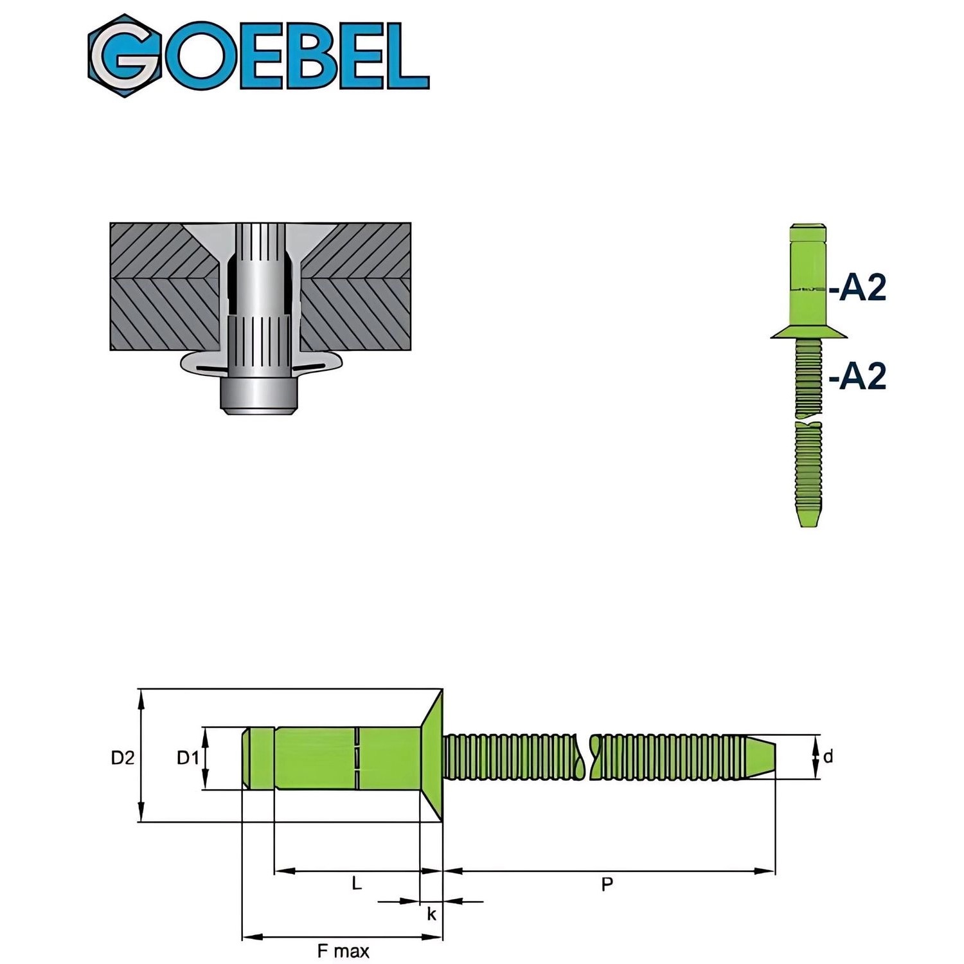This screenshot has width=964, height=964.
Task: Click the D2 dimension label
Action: tap(123, 758)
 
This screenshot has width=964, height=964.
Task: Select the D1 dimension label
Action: tap(188, 758)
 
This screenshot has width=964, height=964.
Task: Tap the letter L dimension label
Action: tap(357, 884)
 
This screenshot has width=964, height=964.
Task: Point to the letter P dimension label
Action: tap(607, 885)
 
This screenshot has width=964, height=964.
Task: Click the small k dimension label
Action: tap(432, 913)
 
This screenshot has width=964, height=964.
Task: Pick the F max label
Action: tap(343, 951)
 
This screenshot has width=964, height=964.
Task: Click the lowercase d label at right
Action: tap(828, 757)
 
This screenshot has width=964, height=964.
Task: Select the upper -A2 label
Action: tap(858, 287)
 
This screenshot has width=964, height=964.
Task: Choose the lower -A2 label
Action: tap(858, 376)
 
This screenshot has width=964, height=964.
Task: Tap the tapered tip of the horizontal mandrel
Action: tap(762, 757)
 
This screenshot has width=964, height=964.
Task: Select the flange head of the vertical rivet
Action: tap(809, 332)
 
